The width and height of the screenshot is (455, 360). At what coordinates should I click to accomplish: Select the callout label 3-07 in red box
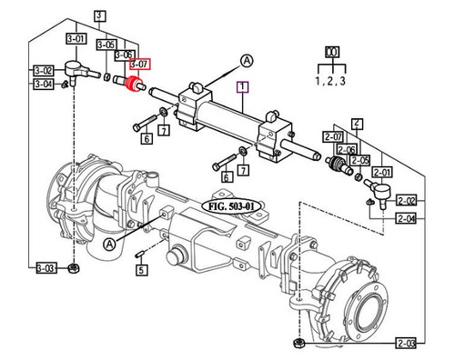coord(139,65)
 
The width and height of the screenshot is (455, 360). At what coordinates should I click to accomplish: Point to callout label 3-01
coord(76,39)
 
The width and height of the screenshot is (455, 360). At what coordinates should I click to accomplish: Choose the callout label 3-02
coord(43,70)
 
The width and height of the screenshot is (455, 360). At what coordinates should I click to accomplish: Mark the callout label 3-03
coord(47,268)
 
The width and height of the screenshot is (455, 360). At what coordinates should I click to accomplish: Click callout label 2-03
coord(405,343)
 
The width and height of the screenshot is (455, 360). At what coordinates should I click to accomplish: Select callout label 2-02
coord(405,200)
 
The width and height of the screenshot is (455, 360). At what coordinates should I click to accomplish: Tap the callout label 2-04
coord(405,219)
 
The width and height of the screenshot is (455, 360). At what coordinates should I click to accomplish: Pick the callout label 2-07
coord(332,136)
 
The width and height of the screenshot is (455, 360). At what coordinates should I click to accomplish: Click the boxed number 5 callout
coord(141,269)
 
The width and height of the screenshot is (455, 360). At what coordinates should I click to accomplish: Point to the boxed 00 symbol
coord(334,53)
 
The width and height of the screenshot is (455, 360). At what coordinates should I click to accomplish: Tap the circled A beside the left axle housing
coord(109,245)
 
